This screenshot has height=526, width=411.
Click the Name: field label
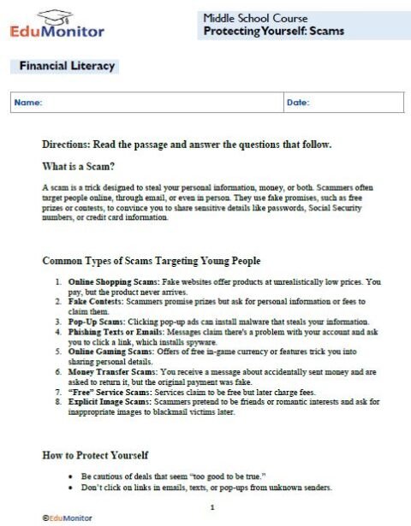[28, 103]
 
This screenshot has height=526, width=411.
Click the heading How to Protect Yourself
[96, 456]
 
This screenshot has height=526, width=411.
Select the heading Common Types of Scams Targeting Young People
[152, 260]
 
